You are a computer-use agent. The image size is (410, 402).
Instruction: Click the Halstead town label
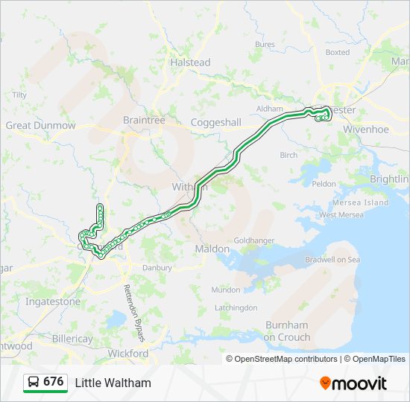click(x=190, y=63)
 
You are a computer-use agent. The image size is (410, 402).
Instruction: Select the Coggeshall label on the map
click(x=216, y=122)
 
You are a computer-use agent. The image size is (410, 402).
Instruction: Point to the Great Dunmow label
click(x=41, y=126)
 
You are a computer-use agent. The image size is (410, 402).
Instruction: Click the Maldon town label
click(x=212, y=248)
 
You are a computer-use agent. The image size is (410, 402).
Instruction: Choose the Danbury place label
click(x=157, y=267)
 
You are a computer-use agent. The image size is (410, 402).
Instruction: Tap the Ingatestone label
click(x=53, y=302)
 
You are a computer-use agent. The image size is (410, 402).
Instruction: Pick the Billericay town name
click(x=73, y=339)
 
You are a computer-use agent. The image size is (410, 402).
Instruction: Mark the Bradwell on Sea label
click(x=332, y=260)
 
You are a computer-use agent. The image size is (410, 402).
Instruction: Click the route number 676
click(x=53, y=382)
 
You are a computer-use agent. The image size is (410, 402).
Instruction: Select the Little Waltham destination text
click(x=113, y=383)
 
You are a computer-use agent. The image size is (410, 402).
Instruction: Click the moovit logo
click(x=353, y=383)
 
